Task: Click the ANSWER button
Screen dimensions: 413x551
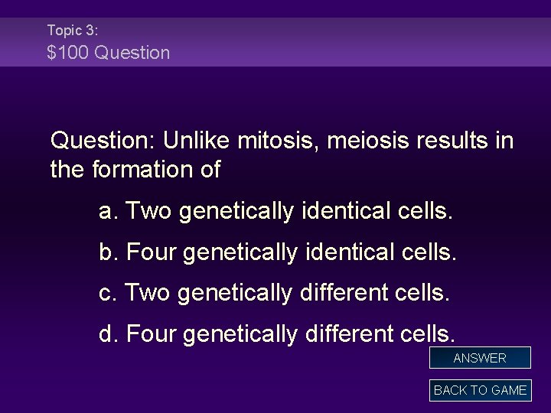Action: tap(480, 358)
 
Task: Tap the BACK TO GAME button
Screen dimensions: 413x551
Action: tap(480, 390)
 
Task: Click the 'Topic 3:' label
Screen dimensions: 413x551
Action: tap(72, 31)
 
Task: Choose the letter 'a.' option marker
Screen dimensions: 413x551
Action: tap(109, 211)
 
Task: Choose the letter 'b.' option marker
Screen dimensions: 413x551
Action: tap(109, 252)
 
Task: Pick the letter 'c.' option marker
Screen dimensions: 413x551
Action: tap(109, 292)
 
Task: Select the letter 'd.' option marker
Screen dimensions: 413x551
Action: tap(109, 333)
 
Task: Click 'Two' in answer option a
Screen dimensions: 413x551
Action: tap(149, 211)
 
